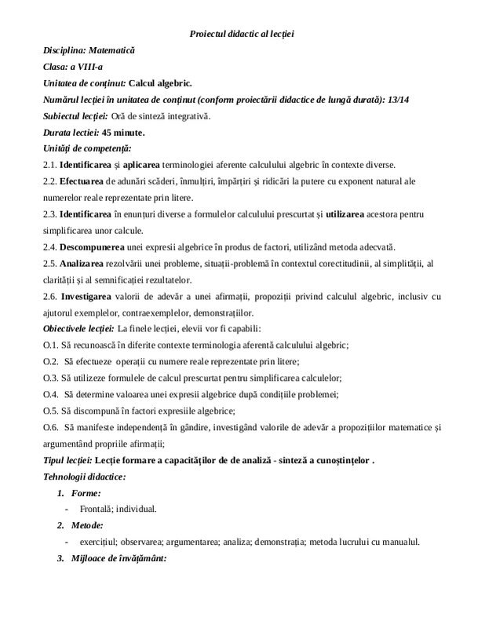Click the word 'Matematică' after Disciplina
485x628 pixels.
tap(111, 49)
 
